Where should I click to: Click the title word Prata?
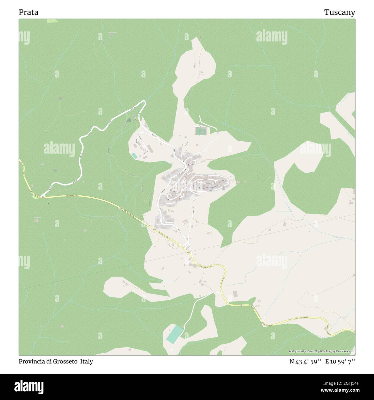pos(28,12)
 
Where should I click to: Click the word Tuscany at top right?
pos(339,12)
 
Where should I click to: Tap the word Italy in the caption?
pos(87,361)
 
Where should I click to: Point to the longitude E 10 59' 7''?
pos(340,362)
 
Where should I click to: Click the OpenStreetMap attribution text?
pos(322,351)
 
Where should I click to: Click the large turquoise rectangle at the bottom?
pos(174,334)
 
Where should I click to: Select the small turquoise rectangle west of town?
pos(134,156)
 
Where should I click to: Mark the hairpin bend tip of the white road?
pos(144,102)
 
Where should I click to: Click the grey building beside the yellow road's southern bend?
pos(235,294)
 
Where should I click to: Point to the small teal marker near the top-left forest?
pos(103,43)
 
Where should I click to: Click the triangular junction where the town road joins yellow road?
pos(188,248)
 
